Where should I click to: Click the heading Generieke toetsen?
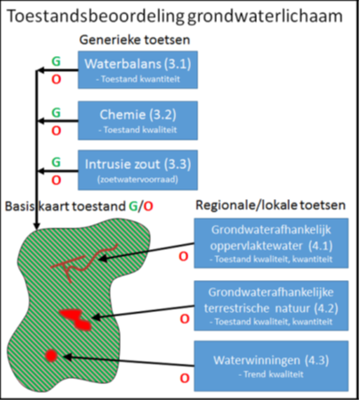pos(134,41)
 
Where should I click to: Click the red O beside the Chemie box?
pos(56,130)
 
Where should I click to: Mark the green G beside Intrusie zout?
pos(56,163)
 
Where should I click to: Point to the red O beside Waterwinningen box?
pos(184,378)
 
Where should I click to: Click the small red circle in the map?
pos(52,356)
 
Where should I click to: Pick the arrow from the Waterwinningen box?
pos(124,360)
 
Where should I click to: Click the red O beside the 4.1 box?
pos(184,257)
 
